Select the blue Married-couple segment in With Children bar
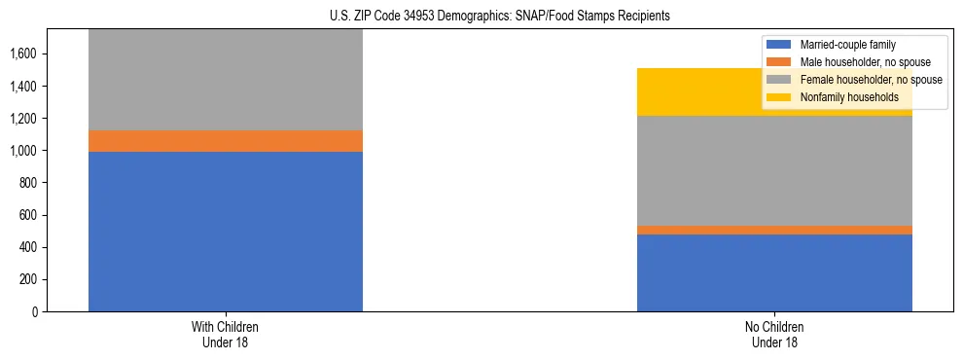coord(226,232)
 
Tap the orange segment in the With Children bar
coord(226,141)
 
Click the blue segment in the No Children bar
coord(774,272)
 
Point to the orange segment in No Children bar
coord(774,230)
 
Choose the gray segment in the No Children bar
coord(774,170)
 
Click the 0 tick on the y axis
coord(35,312)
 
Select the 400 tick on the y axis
coord(28,247)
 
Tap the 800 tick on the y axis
coord(28,183)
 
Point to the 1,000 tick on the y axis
coord(24,151)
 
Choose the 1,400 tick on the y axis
coord(24,87)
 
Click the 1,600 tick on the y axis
coord(24,54)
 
